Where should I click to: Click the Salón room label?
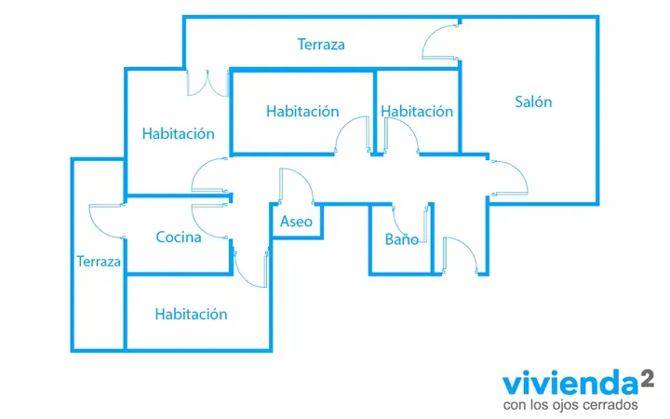pos(533,101)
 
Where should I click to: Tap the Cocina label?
pos(179,237)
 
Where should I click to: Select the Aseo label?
pos(296,222)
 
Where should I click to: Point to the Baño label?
pos(402,239)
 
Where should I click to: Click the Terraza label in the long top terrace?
pos(321,45)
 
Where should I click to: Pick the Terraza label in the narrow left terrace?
pos(99,262)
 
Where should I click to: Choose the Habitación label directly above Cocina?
pos(178,134)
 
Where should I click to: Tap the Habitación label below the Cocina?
pos(191,315)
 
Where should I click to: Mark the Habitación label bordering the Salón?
pos(417,112)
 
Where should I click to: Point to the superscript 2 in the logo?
pos(648,379)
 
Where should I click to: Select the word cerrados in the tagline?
pos(612,404)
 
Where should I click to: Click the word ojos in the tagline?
pos(565,405)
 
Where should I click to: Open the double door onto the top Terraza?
pos(208,84)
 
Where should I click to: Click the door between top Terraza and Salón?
pos(440,42)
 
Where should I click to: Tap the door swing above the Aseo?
pos(297,186)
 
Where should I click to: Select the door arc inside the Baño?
pos(410,224)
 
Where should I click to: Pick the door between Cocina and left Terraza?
pos(107,221)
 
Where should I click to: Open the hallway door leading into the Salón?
pos(509,178)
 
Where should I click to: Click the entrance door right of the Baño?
pos(461,255)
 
